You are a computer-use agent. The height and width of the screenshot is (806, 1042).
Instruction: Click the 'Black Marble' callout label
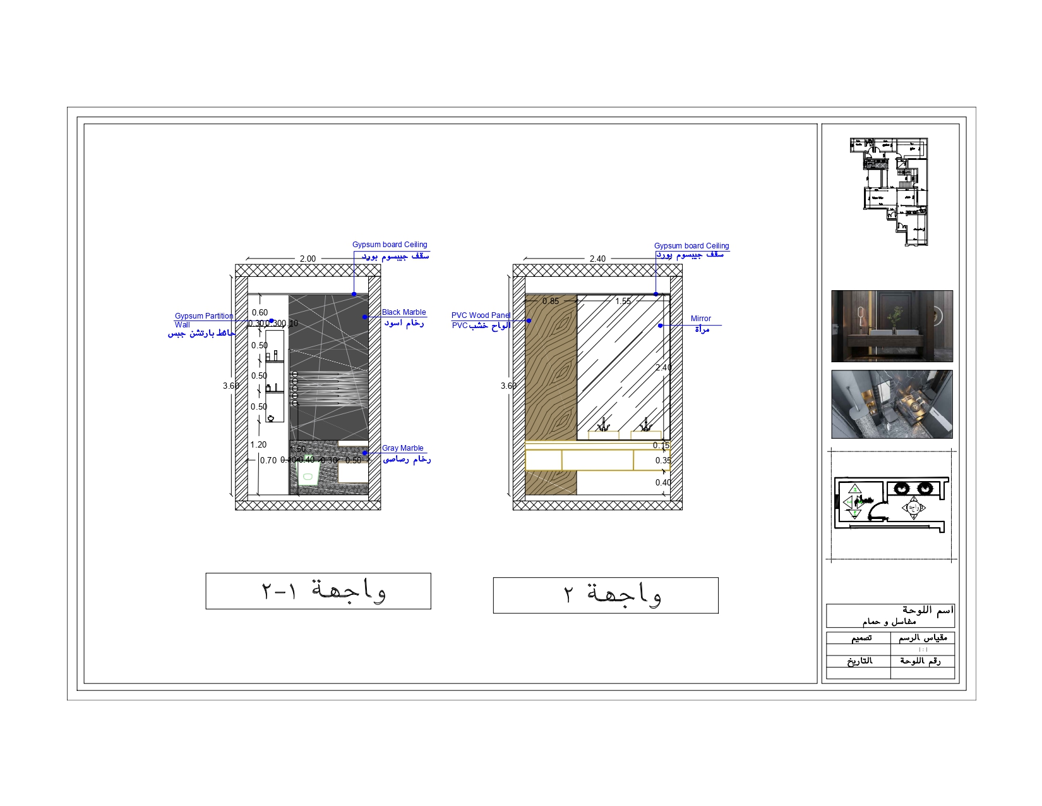click(404, 312)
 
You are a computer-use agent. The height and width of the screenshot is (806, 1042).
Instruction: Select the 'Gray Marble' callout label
click(402, 448)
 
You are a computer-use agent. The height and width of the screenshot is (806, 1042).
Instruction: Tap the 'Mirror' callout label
click(700, 319)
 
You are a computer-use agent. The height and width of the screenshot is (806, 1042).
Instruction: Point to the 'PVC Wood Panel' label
click(481, 315)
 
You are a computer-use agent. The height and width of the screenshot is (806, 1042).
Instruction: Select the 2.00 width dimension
click(308, 259)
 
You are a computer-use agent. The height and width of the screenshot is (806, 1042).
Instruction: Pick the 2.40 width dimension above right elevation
click(597, 259)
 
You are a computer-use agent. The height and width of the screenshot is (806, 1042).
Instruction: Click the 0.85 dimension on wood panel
click(551, 302)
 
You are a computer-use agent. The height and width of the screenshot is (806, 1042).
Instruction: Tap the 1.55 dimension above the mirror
click(623, 302)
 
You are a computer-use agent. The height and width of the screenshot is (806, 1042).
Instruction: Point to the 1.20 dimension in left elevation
click(258, 445)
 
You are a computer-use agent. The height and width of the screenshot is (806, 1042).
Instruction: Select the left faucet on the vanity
click(604, 425)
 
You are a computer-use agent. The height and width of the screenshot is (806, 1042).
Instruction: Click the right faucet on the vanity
click(645, 425)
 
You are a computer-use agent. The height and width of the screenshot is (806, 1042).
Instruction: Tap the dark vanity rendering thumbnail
click(892, 326)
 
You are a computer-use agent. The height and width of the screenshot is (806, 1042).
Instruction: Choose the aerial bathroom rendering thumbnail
click(892, 405)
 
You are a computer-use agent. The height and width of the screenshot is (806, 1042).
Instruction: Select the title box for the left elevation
click(318, 591)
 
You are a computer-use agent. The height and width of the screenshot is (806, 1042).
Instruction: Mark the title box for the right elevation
click(606, 595)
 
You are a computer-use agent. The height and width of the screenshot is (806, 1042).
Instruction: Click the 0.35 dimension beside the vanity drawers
click(663, 461)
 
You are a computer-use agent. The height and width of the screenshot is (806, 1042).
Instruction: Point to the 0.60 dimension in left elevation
click(260, 313)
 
